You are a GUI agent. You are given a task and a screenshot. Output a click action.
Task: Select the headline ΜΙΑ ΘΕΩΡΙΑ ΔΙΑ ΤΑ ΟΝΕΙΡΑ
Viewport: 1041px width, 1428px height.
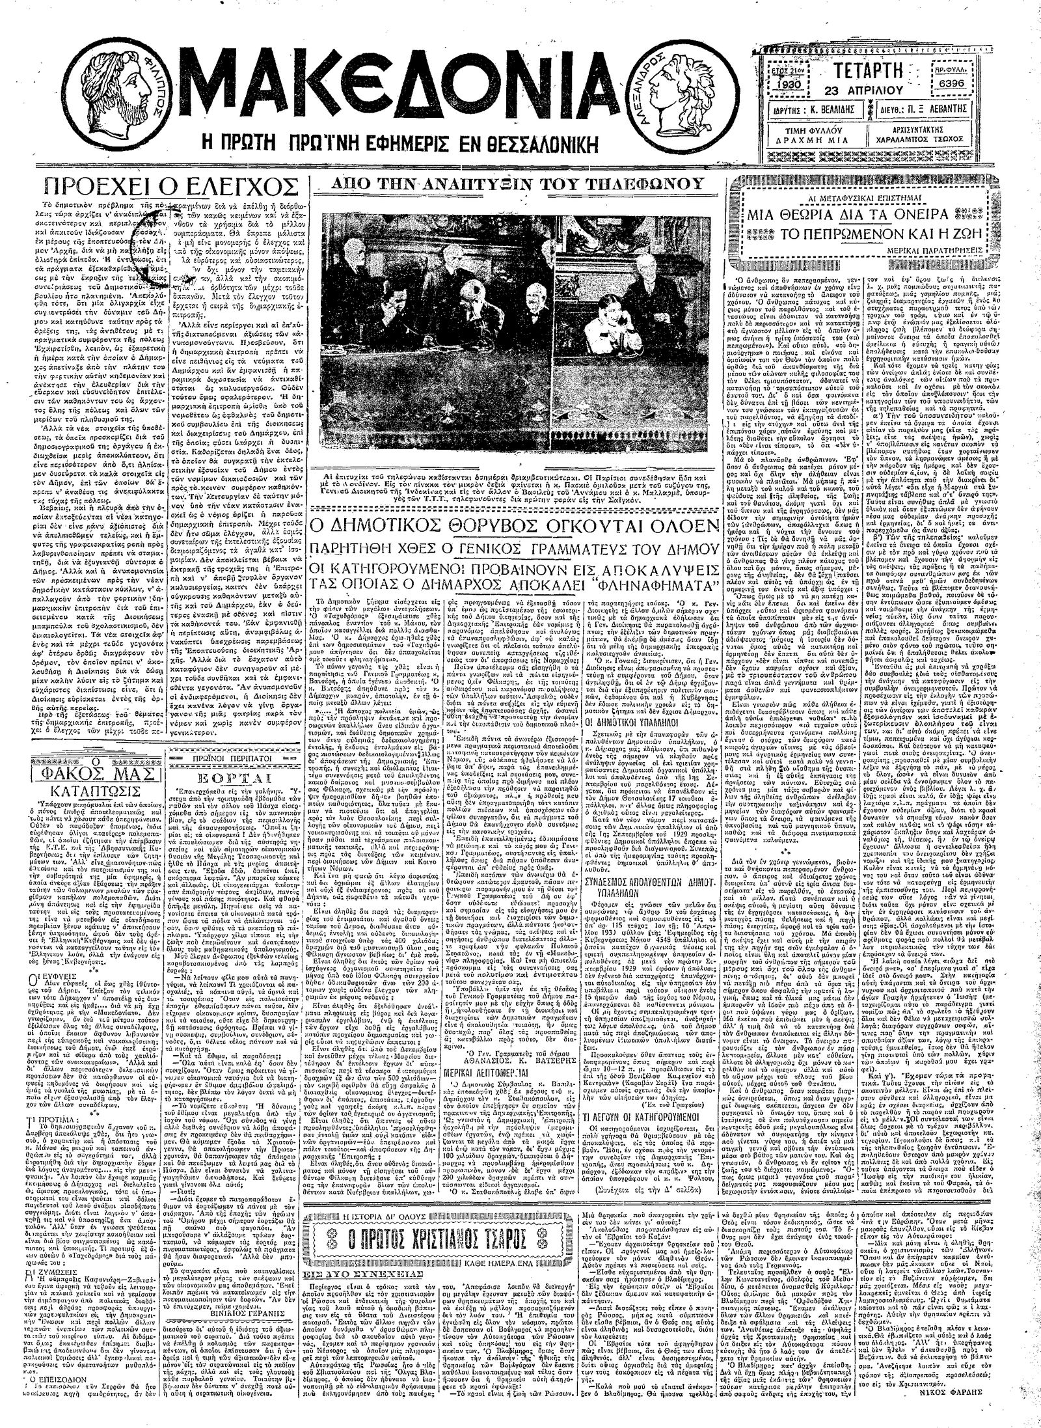[873, 213]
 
